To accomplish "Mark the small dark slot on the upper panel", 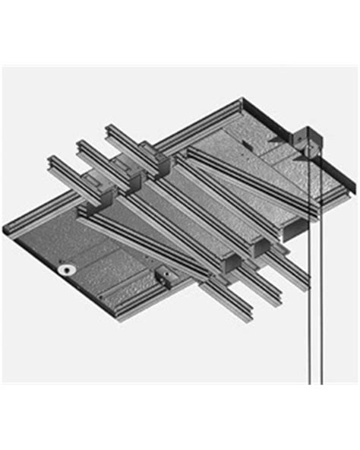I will point(245,146).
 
